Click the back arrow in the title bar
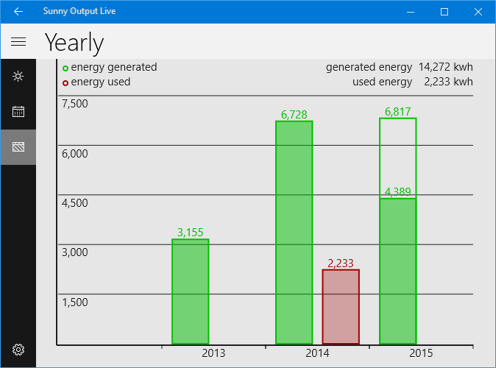click(18, 12)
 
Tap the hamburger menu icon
click(18, 42)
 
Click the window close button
click(478, 12)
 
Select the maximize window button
click(444, 12)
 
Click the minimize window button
click(410, 12)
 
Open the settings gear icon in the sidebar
click(18, 349)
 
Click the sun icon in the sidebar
click(18, 76)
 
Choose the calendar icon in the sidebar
click(18, 112)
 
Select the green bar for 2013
click(190, 292)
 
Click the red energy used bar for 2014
click(341, 307)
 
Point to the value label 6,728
click(294, 115)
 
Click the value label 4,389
click(398, 192)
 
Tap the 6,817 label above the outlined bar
click(398, 112)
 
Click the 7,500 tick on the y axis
click(75, 103)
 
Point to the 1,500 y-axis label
click(75, 302)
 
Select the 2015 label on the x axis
click(421, 353)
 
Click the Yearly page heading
click(74, 43)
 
